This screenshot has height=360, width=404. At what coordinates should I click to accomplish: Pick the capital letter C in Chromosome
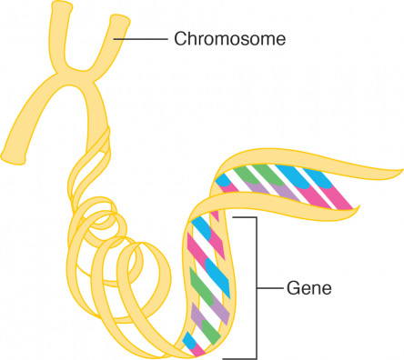tap(178, 40)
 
